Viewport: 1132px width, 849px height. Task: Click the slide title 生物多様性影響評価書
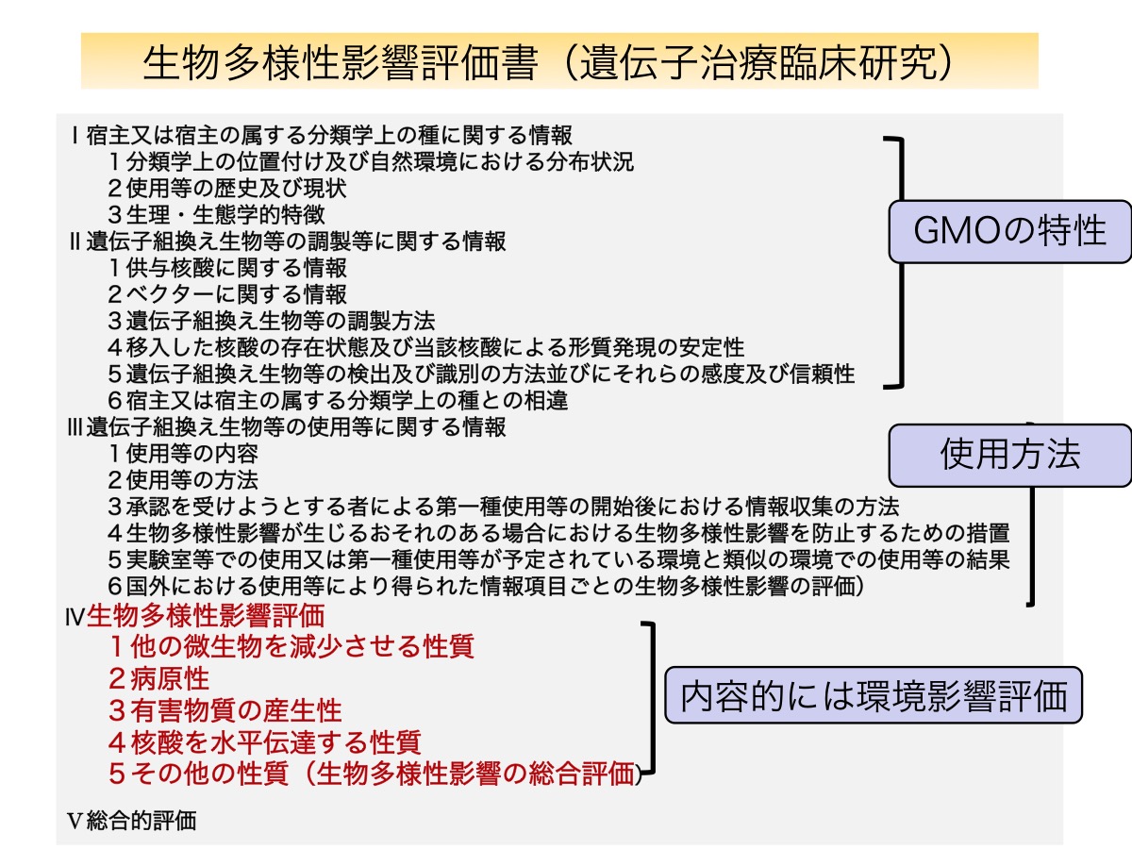coord(341,63)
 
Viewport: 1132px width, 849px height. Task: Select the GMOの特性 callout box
coord(1009,231)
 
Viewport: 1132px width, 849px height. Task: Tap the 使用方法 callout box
coord(1009,456)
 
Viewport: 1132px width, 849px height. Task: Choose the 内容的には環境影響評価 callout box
coord(874,695)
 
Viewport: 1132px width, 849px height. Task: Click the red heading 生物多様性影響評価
coord(206,615)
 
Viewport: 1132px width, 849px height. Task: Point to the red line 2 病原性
coord(158,678)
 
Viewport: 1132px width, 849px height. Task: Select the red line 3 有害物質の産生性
coord(225,710)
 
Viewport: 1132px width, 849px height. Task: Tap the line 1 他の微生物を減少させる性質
coord(291,646)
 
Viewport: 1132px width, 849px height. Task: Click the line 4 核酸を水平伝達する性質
coord(264,742)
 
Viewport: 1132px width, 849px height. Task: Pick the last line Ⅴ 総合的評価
coord(131,821)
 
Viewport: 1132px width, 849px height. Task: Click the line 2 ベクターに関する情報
coord(227,294)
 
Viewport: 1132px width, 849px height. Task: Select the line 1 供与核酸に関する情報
coord(227,268)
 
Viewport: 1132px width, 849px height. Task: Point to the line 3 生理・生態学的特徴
coord(216,214)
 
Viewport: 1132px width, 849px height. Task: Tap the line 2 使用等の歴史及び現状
coord(227,188)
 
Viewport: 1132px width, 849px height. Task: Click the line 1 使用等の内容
coord(183,454)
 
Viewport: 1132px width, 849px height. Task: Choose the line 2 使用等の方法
coord(183,480)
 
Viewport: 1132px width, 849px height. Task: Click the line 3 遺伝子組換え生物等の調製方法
coord(272,321)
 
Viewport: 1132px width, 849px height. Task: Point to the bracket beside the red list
coord(653,698)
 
